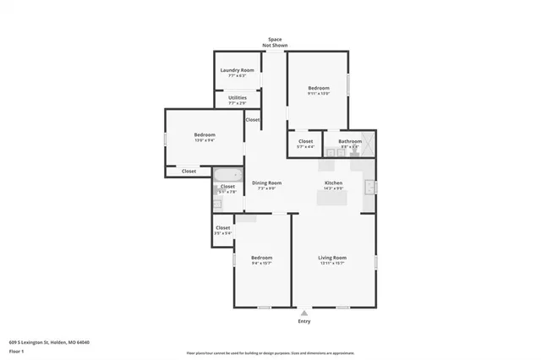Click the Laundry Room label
click(x=238, y=70)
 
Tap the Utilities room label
click(x=238, y=98)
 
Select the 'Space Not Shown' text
click(x=275, y=42)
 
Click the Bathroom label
click(x=350, y=141)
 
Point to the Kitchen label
click(x=334, y=183)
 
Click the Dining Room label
click(x=267, y=183)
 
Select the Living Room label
click(x=332, y=257)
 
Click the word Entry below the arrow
click(x=304, y=322)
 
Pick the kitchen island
click(x=333, y=199)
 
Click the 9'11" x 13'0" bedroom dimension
click(x=318, y=94)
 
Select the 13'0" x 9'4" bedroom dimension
click(x=205, y=140)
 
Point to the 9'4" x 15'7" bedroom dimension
click(x=262, y=263)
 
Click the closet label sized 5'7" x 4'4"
click(x=305, y=147)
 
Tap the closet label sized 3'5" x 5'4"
click(x=222, y=233)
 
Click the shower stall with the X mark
click(x=369, y=142)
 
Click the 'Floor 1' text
click(x=17, y=350)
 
